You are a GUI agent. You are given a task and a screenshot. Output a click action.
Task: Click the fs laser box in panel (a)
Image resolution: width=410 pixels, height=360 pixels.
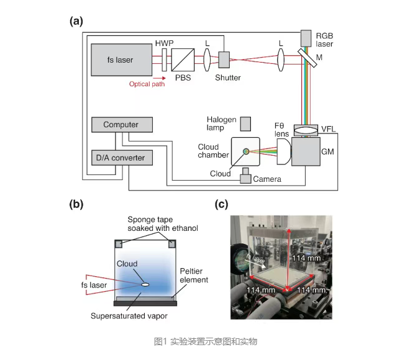121,60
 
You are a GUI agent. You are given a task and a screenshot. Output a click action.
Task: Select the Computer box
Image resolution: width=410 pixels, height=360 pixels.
122,125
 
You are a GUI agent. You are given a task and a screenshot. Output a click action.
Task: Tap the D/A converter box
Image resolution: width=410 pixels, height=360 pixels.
122,158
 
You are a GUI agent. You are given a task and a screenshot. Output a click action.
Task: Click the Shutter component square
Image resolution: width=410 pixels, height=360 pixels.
224,60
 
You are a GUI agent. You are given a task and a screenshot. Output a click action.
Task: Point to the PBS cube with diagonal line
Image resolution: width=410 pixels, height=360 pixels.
183,60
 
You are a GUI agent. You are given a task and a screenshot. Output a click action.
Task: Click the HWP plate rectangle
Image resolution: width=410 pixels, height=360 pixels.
164,60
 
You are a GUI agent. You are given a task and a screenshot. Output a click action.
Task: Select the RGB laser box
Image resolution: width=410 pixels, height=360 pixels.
306,38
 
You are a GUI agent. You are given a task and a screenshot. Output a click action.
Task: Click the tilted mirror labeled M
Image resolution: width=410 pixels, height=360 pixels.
307,58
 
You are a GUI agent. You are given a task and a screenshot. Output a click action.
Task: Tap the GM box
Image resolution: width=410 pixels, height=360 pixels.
306,151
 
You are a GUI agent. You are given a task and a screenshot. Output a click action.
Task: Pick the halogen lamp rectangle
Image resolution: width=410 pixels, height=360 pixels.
245,124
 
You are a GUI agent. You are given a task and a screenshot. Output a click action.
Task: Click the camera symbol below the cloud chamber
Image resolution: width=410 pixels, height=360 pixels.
245,176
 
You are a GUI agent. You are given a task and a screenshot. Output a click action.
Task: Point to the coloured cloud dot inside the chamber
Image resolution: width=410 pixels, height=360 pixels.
246,151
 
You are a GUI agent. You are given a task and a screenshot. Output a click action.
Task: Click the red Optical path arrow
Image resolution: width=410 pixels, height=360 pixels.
159,78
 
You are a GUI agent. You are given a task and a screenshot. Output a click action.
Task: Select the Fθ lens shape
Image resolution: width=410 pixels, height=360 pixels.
284,151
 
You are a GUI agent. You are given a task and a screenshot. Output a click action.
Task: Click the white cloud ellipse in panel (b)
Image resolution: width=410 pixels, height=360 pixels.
145,284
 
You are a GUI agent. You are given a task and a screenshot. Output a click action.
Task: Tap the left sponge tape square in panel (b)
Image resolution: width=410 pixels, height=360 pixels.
119,245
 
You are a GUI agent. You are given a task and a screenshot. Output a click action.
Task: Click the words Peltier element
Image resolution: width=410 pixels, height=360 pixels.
194,276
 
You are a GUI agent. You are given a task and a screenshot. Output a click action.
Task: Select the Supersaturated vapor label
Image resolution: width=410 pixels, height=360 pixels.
129,316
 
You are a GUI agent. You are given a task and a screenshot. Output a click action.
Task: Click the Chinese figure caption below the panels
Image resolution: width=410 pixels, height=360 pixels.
205,341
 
